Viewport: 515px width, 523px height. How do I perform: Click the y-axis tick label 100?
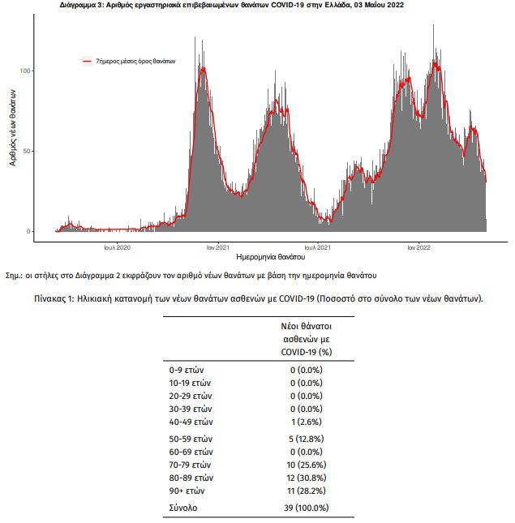[x=25, y=71]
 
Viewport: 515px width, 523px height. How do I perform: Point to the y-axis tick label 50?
[x=27, y=151]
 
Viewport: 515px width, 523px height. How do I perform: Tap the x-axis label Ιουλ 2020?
[x=117, y=247]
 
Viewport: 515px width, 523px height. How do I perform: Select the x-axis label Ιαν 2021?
[x=218, y=247]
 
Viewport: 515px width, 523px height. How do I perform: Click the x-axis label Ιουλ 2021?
[x=318, y=247]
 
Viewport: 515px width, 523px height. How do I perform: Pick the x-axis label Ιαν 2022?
[x=419, y=247]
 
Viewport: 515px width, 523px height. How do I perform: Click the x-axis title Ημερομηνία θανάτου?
[x=271, y=257]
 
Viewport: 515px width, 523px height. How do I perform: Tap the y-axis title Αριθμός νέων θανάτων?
[x=12, y=127]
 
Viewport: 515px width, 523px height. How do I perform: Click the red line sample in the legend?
[x=87, y=61]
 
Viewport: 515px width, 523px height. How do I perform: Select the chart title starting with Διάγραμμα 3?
[x=232, y=5]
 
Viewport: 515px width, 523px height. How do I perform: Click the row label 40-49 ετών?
[x=191, y=422]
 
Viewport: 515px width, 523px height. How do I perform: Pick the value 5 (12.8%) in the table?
[x=307, y=439]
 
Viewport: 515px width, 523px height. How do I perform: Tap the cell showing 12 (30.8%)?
[x=307, y=478]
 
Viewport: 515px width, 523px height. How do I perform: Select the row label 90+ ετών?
[x=187, y=491]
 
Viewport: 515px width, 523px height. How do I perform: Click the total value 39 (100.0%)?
[x=307, y=508]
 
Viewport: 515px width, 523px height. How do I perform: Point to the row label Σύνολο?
[x=183, y=508]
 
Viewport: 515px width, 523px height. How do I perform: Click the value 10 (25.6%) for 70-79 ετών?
[x=307, y=465]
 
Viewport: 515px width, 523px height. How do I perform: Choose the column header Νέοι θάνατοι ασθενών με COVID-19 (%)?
[x=307, y=339]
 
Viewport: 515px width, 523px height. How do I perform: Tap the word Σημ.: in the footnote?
[x=14, y=276]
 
